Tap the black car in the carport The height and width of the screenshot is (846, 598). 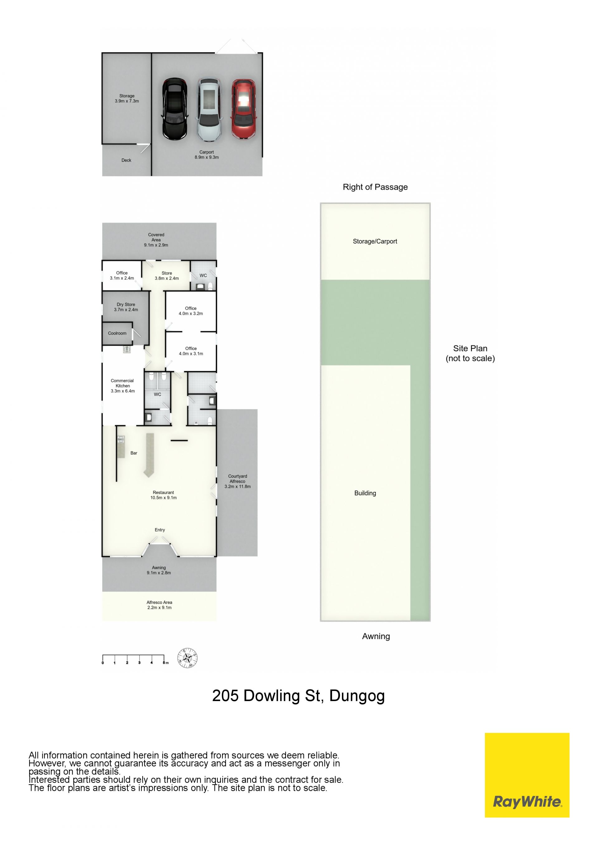point(174,109)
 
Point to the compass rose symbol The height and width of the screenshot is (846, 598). point(187,658)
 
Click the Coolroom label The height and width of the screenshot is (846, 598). point(117,333)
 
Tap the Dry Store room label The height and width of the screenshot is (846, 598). point(126,307)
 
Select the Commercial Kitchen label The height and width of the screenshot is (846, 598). point(123,386)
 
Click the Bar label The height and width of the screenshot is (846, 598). point(134,453)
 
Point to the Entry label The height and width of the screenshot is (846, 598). point(160,530)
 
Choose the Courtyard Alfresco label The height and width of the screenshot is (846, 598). point(238,481)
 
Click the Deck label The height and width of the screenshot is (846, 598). point(126,160)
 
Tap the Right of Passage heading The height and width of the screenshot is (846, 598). point(375,187)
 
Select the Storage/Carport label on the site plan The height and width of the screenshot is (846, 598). point(375,241)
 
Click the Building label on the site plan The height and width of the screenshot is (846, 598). point(365,493)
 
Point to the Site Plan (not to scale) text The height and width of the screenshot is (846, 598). point(470,353)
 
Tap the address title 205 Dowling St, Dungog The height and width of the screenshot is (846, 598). point(298,696)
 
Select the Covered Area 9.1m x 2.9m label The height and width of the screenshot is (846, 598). point(156,240)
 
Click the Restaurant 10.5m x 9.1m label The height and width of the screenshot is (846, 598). point(164,495)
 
